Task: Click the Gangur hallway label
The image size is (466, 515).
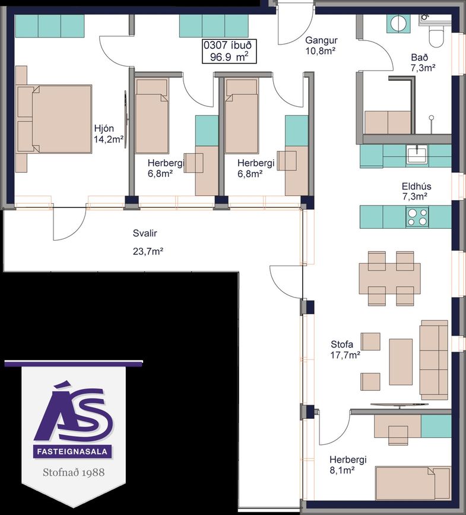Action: pyautogui.click(x=321, y=40)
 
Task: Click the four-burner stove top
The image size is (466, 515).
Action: pyautogui.click(x=417, y=217)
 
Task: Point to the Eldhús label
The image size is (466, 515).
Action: pyautogui.click(x=417, y=187)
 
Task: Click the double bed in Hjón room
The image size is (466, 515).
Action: pyautogui.click(x=54, y=119)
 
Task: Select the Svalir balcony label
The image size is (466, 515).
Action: pyautogui.click(x=145, y=233)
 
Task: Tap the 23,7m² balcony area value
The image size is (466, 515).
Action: pyautogui.click(x=148, y=252)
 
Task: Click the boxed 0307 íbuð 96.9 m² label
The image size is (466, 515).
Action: pyautogui.click(x=229, y=51)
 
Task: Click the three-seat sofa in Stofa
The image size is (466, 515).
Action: pyautogui.click(x=434, y=360)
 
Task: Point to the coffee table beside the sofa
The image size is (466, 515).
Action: pyautogui.click(x=401, y=362)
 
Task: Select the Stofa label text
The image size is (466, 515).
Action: pyautogui.click(x=342, y=344)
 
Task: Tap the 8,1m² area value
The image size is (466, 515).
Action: pyautogui.click(x=342, y=470)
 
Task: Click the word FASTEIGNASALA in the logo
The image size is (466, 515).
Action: pyautogui.click(x=72, y=451)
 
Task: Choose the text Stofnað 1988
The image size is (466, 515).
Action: pyautogui.click(x=74, y=472)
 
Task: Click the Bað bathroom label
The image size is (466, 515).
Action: pyautogui.click(x=419, y=58)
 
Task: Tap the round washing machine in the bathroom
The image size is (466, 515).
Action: pyautogui.click(x=398, y=24)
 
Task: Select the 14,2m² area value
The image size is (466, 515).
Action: pyautogui.click(x=109, y=139)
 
